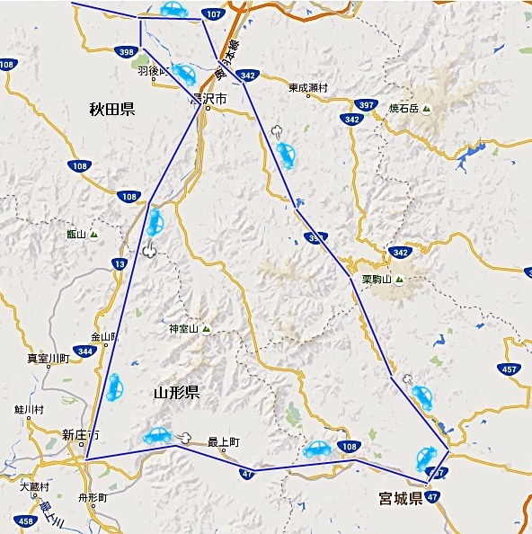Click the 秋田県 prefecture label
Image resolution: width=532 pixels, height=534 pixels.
coord(111,110)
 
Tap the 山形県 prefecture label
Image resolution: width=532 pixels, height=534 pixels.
coord(176,393)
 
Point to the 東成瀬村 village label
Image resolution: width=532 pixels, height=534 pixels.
coord(308,88)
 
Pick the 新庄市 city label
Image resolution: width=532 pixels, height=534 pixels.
coord(81,435)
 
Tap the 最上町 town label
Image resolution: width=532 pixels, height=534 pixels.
coord(223,441)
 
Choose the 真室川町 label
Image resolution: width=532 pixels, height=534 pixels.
coord(49,358)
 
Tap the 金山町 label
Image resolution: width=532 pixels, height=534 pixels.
coord(104,337)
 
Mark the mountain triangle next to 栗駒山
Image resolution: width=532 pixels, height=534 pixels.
coord(400,280)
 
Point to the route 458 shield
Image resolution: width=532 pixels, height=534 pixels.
coord(26,521)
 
